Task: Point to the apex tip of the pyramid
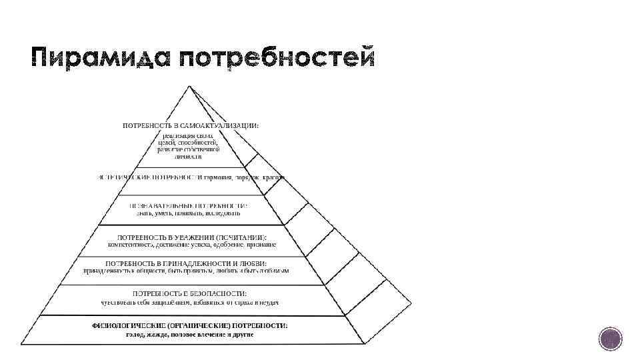click(189, 86)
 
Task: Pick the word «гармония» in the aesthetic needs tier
click(219, 178)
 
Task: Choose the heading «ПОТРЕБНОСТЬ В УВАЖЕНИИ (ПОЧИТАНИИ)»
click(192, 237)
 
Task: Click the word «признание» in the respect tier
click(262, 245)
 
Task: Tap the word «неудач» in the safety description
click(268, 302)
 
